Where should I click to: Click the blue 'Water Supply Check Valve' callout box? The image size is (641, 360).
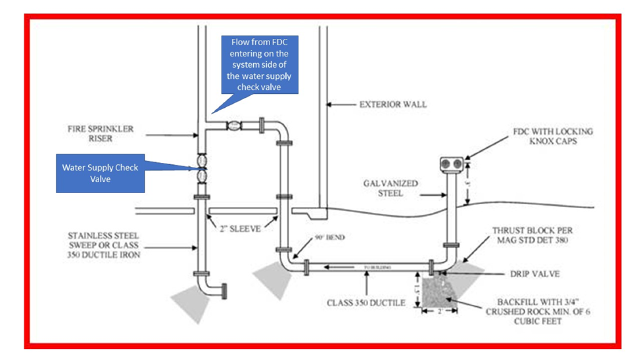point(100,173)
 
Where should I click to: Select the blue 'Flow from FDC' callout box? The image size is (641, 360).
point(260,65)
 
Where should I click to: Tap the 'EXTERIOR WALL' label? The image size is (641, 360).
point(393,105)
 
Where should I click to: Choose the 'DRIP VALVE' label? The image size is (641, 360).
point(535,274)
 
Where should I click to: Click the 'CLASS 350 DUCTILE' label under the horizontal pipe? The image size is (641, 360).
point(366,303)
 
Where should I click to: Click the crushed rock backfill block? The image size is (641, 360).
point(439,291)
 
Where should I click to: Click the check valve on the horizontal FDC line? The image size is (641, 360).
point(234,125)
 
